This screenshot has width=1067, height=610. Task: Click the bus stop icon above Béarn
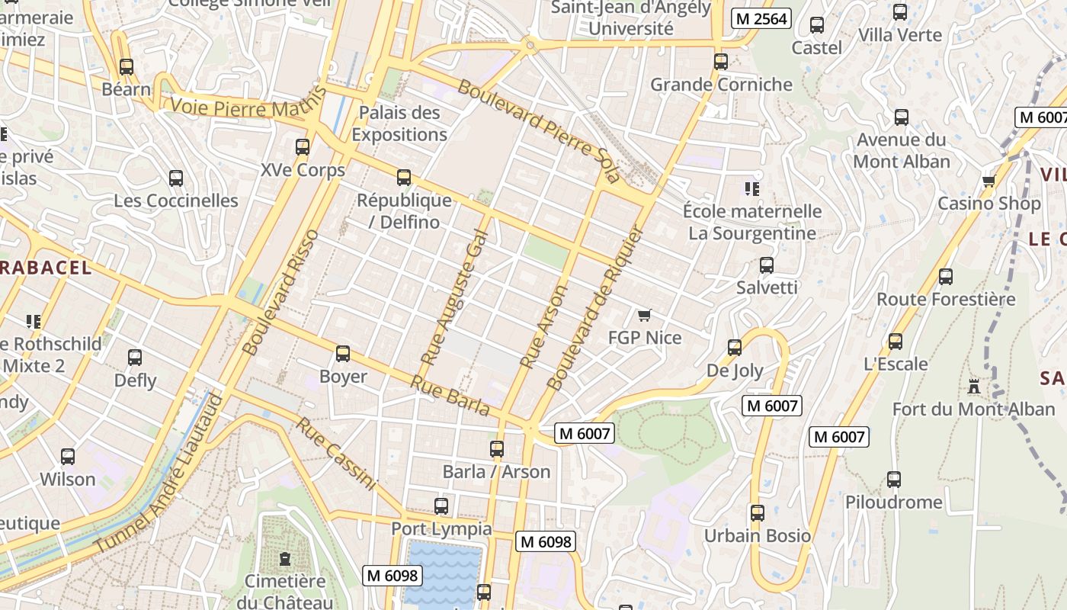click(x=127, y=67)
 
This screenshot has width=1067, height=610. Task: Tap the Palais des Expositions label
click(x=399, y=124)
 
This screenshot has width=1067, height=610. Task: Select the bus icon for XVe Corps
click(x=303, y=147)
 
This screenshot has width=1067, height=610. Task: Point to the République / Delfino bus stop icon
click(x=404, y=178)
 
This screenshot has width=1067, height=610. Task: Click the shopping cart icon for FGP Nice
click(x=645, y=315)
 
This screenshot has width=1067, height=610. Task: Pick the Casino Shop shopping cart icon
click(x=988, y=181)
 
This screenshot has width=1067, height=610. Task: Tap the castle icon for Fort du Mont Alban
click(x=973, y=387)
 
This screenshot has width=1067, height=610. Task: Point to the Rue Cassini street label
click(x=336, y=454)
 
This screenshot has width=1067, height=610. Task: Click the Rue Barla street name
click(x=450, y=395)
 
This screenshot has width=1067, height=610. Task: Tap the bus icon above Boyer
click(x=343, y=354)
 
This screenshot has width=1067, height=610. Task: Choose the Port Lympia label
click(x=441, y=528)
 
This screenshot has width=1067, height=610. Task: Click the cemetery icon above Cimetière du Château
click(x=285, y=559)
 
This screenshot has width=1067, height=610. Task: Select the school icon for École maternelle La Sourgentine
click(x=751, y=188)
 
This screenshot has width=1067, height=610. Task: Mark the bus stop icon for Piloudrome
click(x=894, y=480)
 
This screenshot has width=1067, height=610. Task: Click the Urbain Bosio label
click(x=757, y=535)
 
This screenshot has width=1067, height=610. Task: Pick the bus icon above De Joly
click(x=735, y=348)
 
